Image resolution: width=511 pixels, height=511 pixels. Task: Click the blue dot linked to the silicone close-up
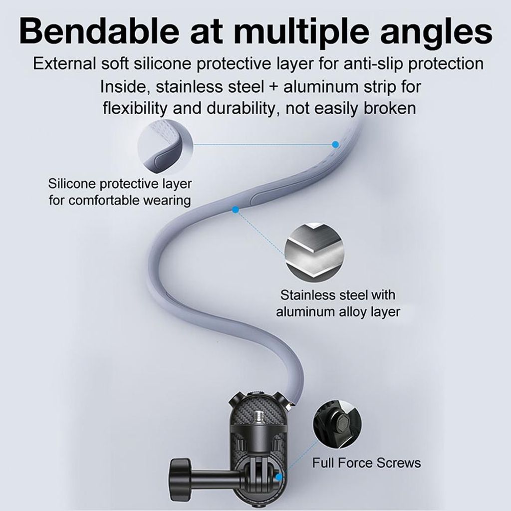tap(335, 144)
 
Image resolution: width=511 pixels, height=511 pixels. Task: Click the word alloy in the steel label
tap(345, 312)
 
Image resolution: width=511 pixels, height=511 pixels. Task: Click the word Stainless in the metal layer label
tap(307, 295)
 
